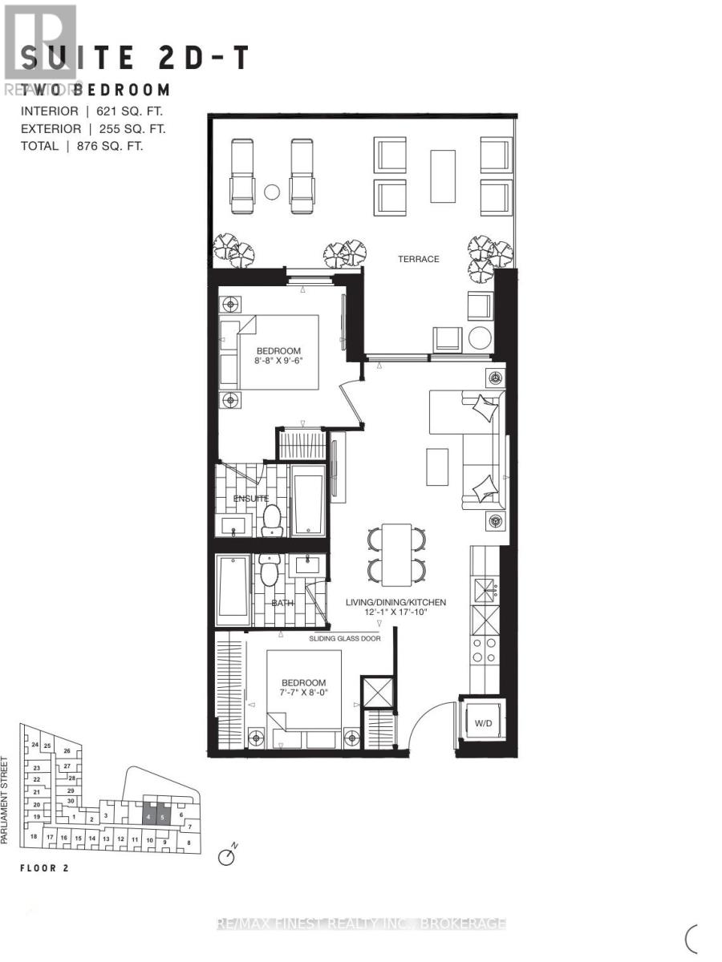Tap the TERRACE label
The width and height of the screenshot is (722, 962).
click(x=420, y=259)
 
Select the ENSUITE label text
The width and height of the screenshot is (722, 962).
click(x=250, y=499)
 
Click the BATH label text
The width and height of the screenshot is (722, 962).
click(x=282, y=603)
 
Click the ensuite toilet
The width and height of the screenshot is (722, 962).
click(x=273, y=519)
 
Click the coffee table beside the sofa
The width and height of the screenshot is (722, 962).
click(x=437, y=466)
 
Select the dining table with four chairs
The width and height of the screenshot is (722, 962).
click(x=396, y=554)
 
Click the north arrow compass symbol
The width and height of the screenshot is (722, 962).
click(x=227, y=857)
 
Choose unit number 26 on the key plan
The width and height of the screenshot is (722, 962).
click(x=67, y=751)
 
